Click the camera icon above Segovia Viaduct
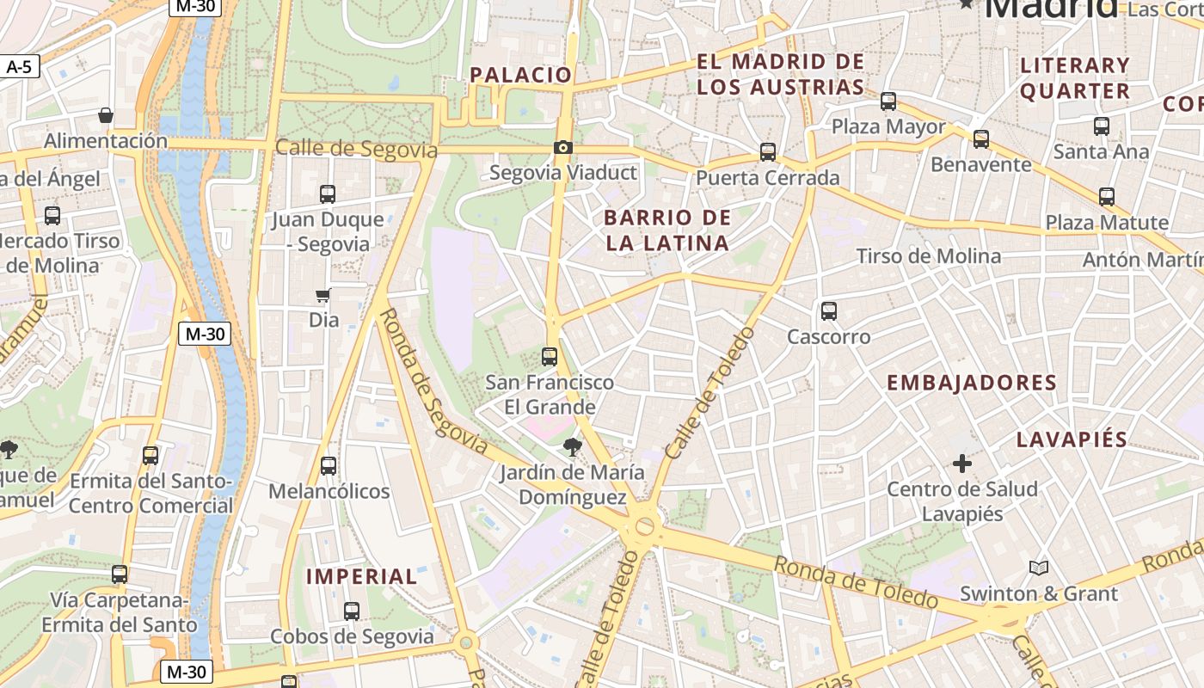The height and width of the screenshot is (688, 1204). [x=563, y=148]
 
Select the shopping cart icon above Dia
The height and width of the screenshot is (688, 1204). [x=323, y=296]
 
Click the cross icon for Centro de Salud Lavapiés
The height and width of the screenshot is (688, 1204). [x=962, y=464]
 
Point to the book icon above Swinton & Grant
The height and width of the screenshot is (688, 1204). [x=1039, y=568]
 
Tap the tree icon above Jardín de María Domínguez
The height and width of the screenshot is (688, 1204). [x=572, y=446]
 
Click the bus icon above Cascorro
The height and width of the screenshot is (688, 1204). [x=829, y=311]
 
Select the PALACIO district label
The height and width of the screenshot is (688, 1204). [x=521, y=75]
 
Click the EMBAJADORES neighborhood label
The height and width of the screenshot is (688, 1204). [x=972, y=383]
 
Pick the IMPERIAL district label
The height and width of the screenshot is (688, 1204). [x=362, y=576]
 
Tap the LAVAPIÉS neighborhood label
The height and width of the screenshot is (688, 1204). [x=1072, y=439]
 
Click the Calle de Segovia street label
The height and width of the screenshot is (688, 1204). [x=356, y=149]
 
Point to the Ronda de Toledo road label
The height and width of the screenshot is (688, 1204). [x=856, y=582]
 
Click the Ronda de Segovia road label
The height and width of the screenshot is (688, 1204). [x=433, y=381]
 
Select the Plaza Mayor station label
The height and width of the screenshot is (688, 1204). [x=888, y=127]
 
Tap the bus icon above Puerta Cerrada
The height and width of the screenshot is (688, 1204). [x=768, y=152]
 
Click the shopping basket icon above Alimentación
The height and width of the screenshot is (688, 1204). [x=106, y=115]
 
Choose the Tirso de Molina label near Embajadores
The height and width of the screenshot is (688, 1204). [x=929, y=256]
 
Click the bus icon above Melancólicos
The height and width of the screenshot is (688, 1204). [x=329, y=466]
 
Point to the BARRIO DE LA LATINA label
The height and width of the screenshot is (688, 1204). [x=667, y=230]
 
